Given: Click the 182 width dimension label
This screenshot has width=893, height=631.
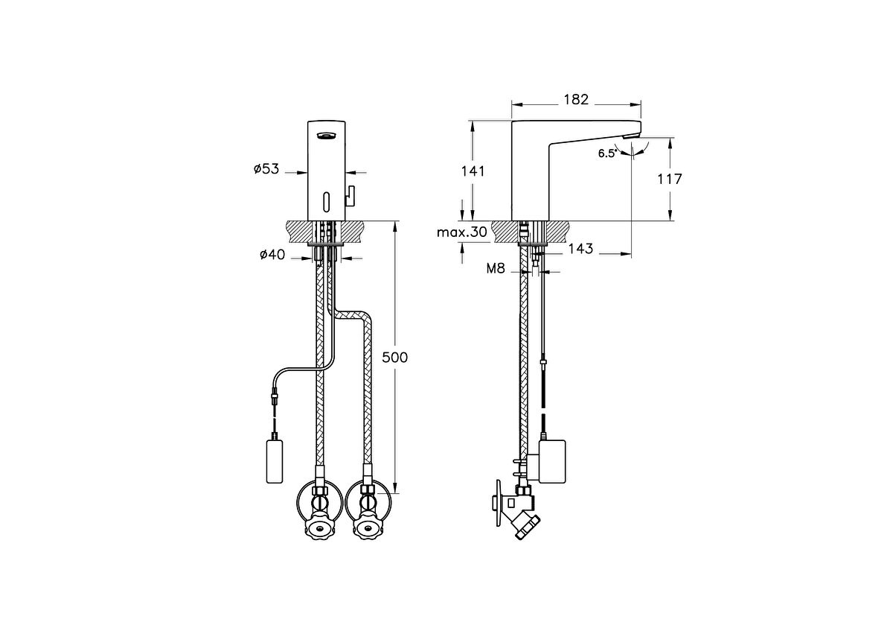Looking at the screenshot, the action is (x=576, y=99).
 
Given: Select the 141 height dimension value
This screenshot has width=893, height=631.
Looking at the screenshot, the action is (x=473, y=171).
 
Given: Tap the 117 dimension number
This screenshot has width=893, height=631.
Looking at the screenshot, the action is (x=669, y=180).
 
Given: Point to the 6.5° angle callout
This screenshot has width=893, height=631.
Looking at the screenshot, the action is (x=607, y=153).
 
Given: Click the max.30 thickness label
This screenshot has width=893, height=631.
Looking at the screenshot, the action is (x=462, y=232).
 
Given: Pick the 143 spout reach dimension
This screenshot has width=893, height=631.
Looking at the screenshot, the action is (x=580, y=249).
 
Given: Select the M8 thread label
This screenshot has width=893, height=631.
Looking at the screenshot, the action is (x=496, y=269).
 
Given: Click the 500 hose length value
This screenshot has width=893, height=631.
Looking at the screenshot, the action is (x=394, y=357).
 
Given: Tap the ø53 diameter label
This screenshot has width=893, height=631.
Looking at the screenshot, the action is (x=266, y=169).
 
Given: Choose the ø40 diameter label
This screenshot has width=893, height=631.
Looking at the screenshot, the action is (x=272, y=254).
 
